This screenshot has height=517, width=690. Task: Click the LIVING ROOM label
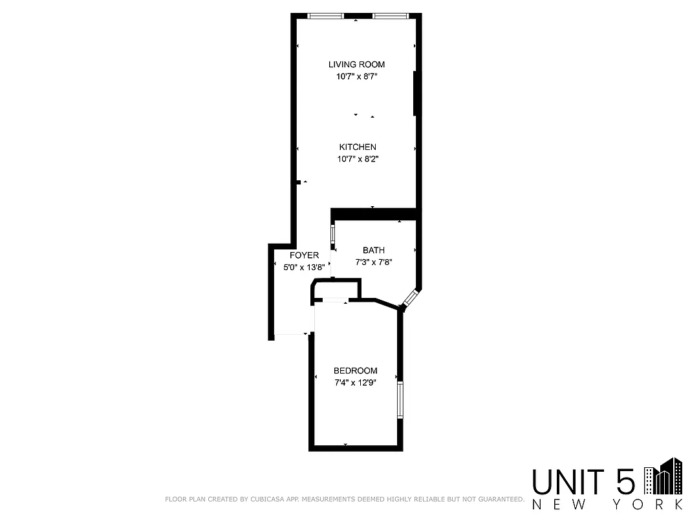click(356, 64)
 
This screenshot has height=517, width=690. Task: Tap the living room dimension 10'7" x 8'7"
click(356, 76)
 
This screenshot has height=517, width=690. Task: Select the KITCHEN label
click(358, 147)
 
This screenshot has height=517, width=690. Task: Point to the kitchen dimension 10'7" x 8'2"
click(358, 159)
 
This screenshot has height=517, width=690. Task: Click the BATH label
click(374, 250)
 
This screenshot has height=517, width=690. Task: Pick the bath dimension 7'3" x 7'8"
click(374, 262)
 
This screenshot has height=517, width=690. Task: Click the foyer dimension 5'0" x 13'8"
click(299, 268)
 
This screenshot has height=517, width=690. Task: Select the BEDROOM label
click(355, 371)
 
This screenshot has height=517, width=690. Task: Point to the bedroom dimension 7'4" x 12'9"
click(355, 383)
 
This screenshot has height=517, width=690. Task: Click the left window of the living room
click(326, 16)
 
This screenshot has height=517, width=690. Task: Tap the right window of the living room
click(390, 16)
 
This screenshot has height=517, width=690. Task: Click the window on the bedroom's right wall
click(401, 401)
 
